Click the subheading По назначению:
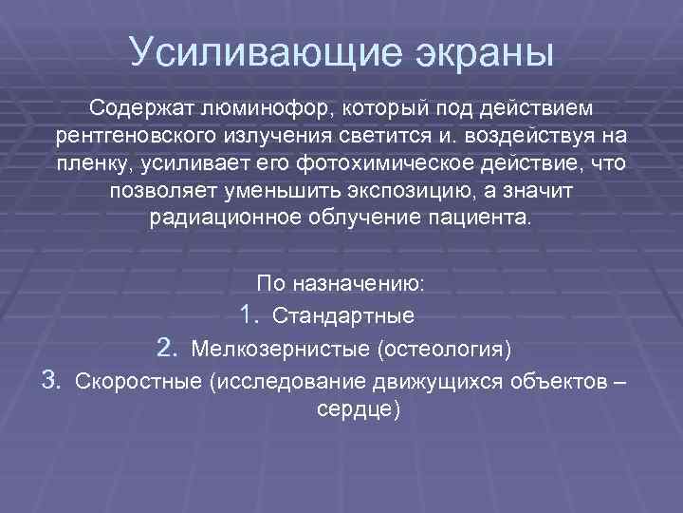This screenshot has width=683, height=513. (341, 283)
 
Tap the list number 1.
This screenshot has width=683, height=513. (249, 314)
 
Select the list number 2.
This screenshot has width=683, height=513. (167, 349)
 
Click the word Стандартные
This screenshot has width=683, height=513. (342, 315)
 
